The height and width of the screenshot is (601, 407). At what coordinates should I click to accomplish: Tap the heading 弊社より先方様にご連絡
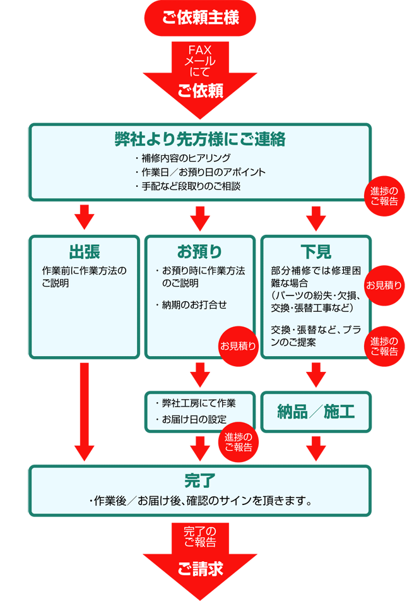point(200,139)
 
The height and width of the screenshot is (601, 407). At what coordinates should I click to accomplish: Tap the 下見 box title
point(316,251)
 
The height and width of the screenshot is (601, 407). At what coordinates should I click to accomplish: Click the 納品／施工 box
point(316,412)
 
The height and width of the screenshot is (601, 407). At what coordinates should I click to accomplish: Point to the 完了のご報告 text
point(200,537)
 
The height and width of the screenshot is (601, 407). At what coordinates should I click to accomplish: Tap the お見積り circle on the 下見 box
point(384,285)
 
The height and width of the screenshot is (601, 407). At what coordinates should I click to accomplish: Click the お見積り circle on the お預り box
point(238,345)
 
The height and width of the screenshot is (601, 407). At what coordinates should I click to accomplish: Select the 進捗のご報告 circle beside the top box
point(384,197)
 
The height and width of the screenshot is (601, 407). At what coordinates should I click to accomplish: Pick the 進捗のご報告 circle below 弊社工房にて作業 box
point(238,442)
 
